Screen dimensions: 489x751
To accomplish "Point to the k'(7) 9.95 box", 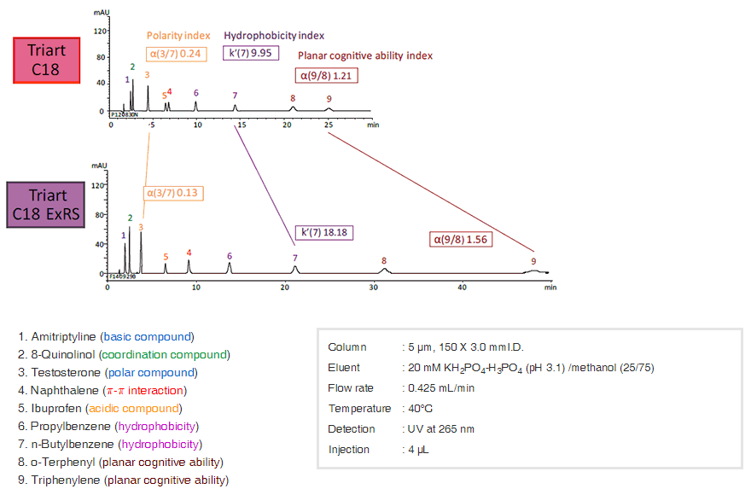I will (247, 53).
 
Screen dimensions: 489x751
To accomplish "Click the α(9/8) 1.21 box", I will (326, 75).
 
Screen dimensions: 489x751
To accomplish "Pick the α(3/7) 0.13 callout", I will (174, 193).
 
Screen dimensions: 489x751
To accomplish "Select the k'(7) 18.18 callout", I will (323, 232).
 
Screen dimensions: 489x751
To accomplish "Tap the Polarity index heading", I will (178, 36).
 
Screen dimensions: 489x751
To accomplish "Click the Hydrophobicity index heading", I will (274, 36).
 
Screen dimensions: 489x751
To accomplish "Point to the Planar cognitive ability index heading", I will (365, 55).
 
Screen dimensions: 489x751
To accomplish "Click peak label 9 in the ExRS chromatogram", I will (533, 261).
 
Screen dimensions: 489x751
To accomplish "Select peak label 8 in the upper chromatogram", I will (293, 98).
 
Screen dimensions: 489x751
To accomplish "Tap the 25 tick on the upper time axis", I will (329, 124).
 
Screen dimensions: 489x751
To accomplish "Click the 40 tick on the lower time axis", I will (462, 287).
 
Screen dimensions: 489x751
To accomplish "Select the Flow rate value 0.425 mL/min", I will (438, 387).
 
